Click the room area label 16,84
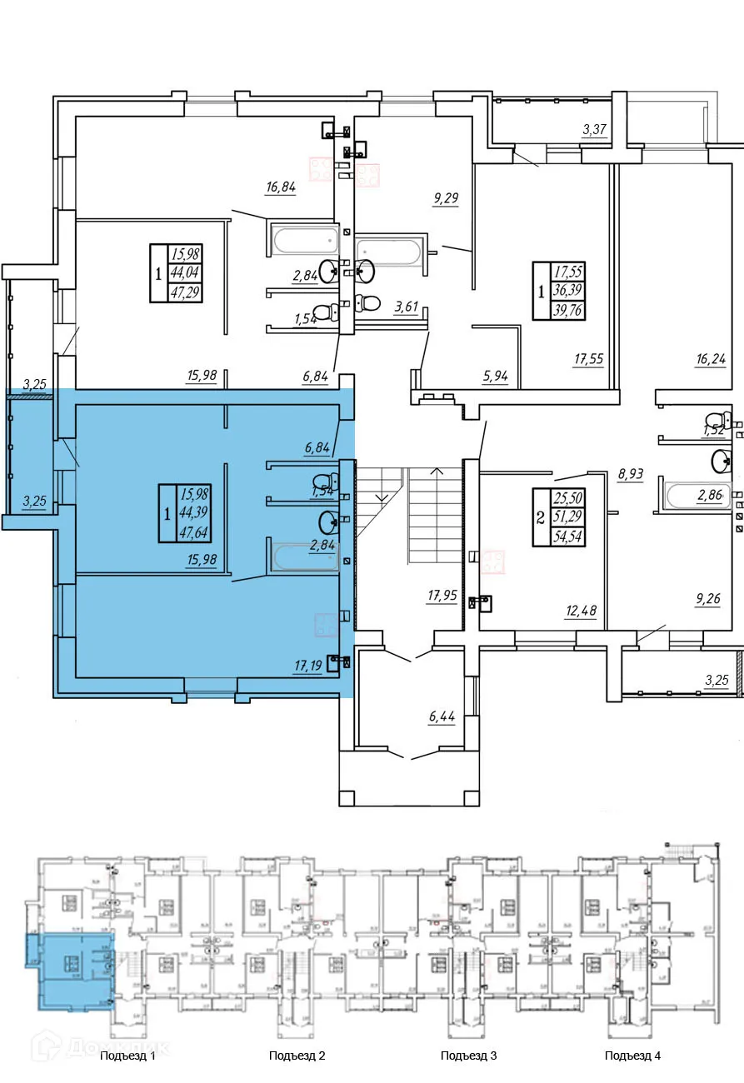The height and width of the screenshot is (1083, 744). pyautogui.click(x=281, y=187)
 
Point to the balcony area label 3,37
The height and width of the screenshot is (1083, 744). pyautogui.click(x=595, y=129)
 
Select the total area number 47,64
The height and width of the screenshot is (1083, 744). pyautogui.click(x=191, y=533)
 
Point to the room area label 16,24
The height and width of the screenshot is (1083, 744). pyautogui.click(x=711, y=360)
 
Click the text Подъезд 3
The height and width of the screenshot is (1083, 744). pyautogui.click(x=468, y=1056)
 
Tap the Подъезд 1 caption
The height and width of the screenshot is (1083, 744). pyautogui.click(x=127, y=1056)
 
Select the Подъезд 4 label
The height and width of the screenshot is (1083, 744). pyautogui.click(x=632, y=1056)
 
